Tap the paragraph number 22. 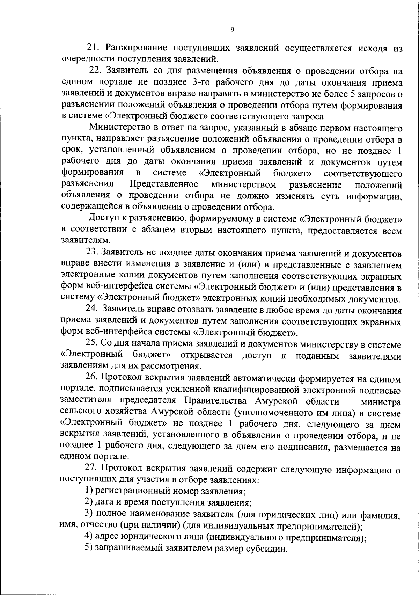coord(95,71)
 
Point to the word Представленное coord(164,184)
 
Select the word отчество coord(100,525)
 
